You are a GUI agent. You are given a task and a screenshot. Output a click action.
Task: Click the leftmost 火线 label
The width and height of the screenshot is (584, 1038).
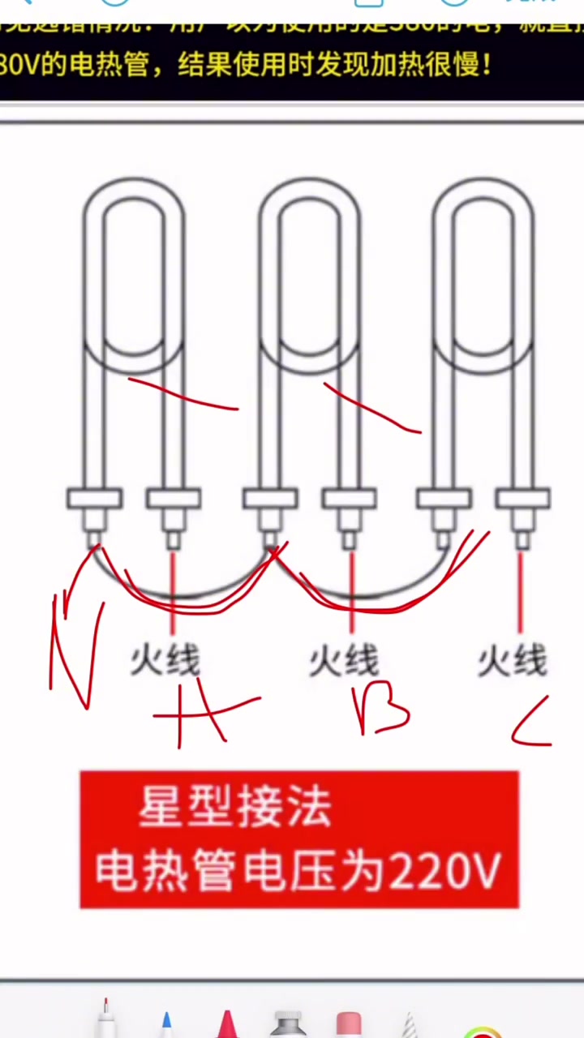pyautogui.click(x=165, y=661)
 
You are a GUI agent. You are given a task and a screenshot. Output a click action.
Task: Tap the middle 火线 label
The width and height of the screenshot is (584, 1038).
pyautogui.click(x=343, y=661)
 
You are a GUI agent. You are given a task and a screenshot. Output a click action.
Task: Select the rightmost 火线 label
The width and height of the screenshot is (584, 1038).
pyautogui.click(x=513, y=661)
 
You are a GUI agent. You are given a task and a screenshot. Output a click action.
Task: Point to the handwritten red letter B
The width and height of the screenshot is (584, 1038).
pyautogui.click(x=381, y=712)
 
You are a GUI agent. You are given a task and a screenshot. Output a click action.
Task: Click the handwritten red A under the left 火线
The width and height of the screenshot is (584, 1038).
pyautogui.click(x=199, y=718)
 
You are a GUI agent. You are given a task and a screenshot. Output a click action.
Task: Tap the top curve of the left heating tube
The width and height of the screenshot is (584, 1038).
pyautogui.click(x=134, y=191)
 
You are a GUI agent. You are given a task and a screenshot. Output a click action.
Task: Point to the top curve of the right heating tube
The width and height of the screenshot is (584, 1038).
pyautogui.click(x=483, y=191)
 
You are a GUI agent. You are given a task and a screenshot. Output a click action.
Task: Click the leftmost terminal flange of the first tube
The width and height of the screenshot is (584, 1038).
pyautogui.click(x=94, y=498)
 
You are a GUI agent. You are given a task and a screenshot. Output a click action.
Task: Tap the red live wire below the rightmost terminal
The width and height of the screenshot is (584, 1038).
pyautogui.click(x=520, y=588)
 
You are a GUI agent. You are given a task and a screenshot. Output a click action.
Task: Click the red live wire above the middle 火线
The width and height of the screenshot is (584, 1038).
pyautogui.click(x=351, y=588)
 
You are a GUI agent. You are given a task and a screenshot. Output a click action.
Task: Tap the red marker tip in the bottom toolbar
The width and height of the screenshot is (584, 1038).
pyautogui.click(x=226, y=1023)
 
